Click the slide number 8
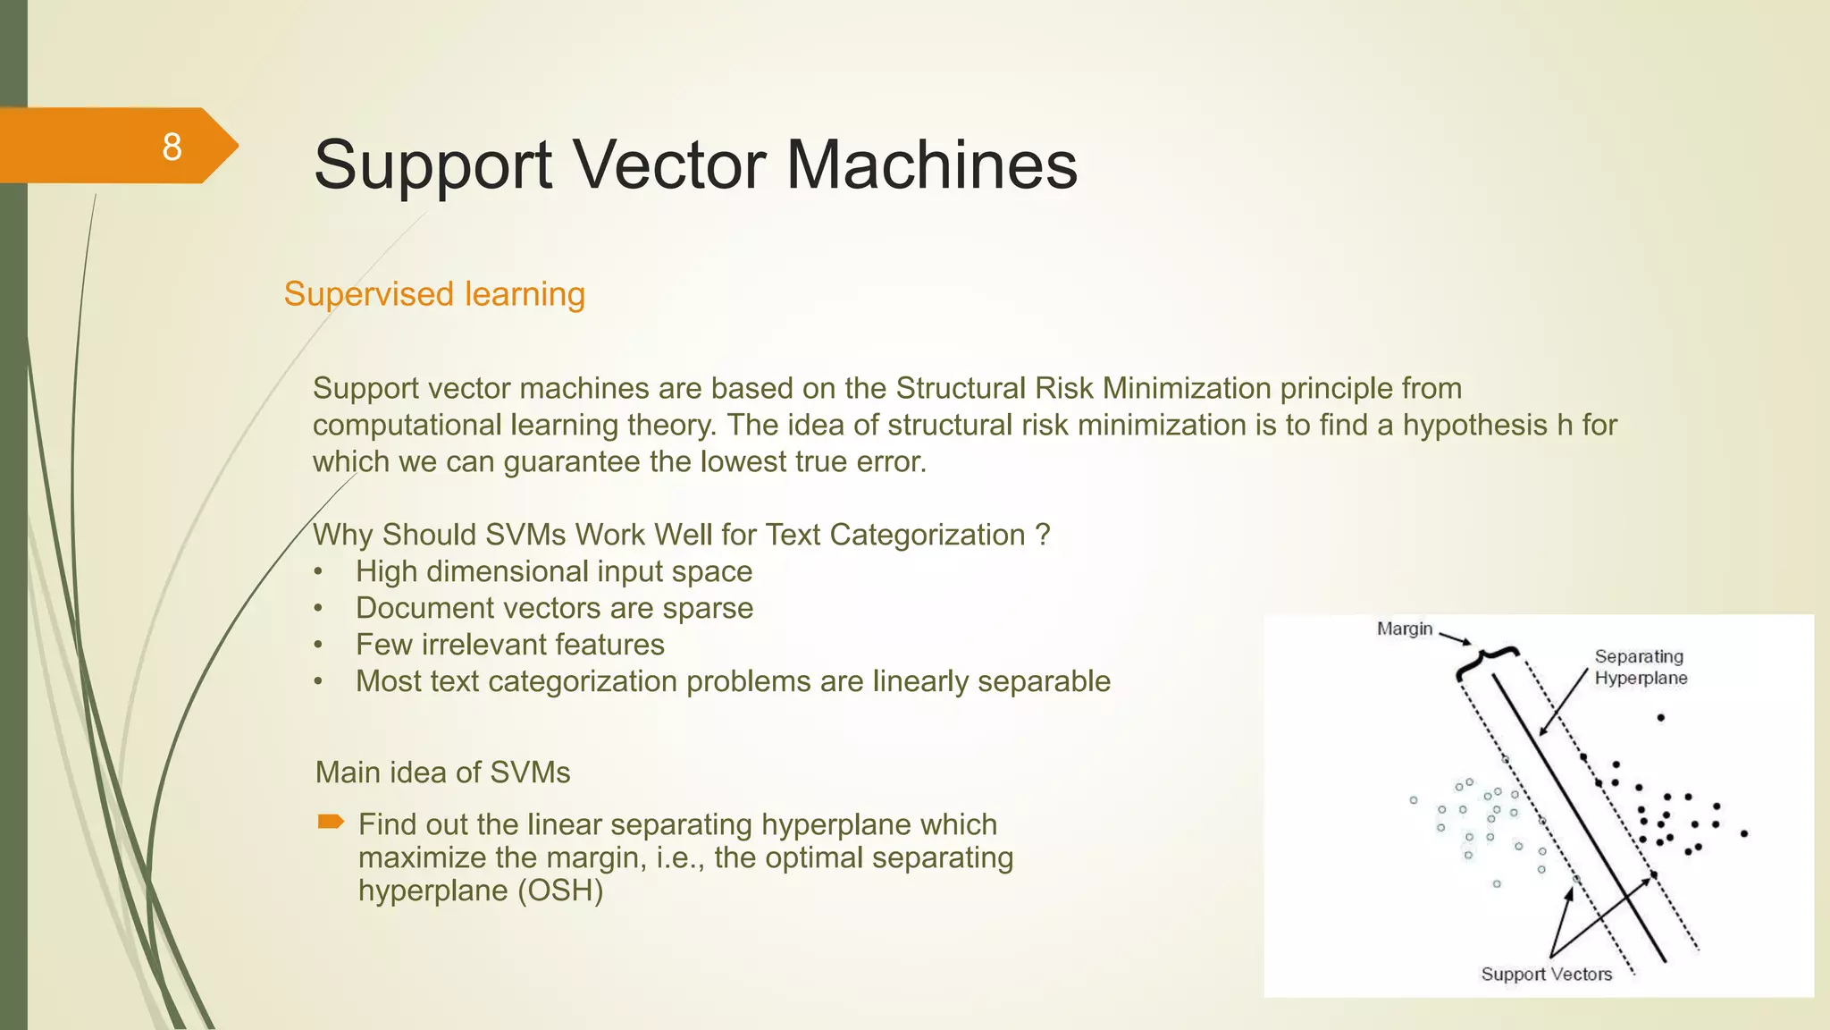172,147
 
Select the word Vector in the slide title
667,165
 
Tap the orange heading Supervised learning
434,294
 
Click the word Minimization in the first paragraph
1187,389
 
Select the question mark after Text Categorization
1042,535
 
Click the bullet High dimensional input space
554,571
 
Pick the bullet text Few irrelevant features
509,645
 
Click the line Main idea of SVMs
442,772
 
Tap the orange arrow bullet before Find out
331,822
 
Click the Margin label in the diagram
1404,629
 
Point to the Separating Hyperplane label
1640,667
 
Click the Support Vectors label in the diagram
1546,974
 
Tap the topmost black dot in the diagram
1660,717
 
